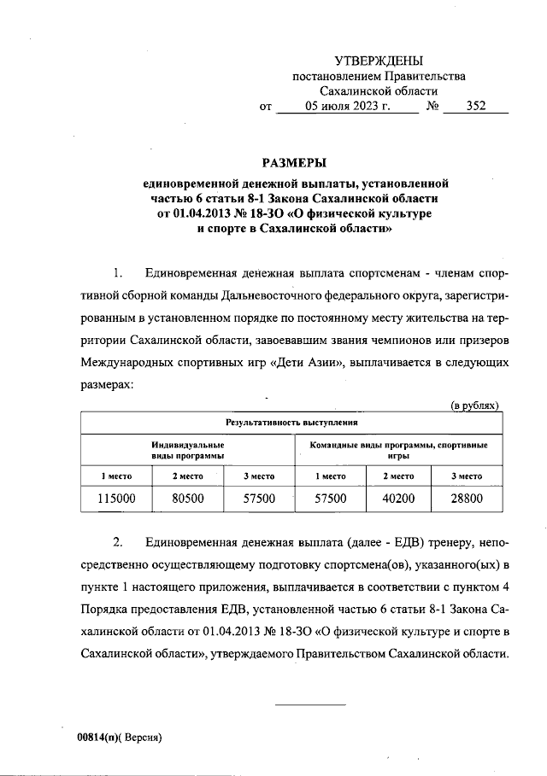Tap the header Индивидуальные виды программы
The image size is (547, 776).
coord(187,450)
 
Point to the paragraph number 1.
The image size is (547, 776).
coord(119,273)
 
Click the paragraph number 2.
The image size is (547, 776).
coord(119,543)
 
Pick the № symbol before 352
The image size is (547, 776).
coord(432,108)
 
